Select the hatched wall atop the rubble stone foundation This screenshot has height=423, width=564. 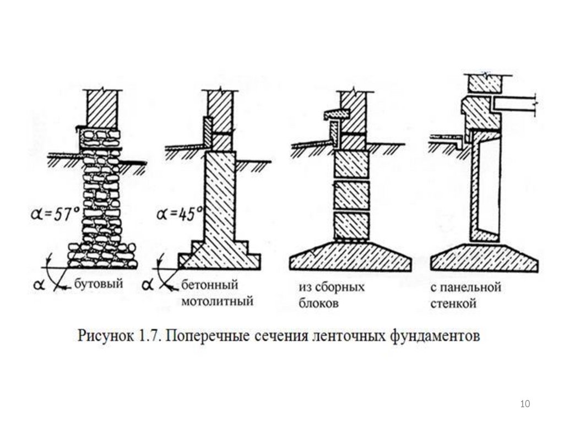pyautogui.click(x=102, y=109)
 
